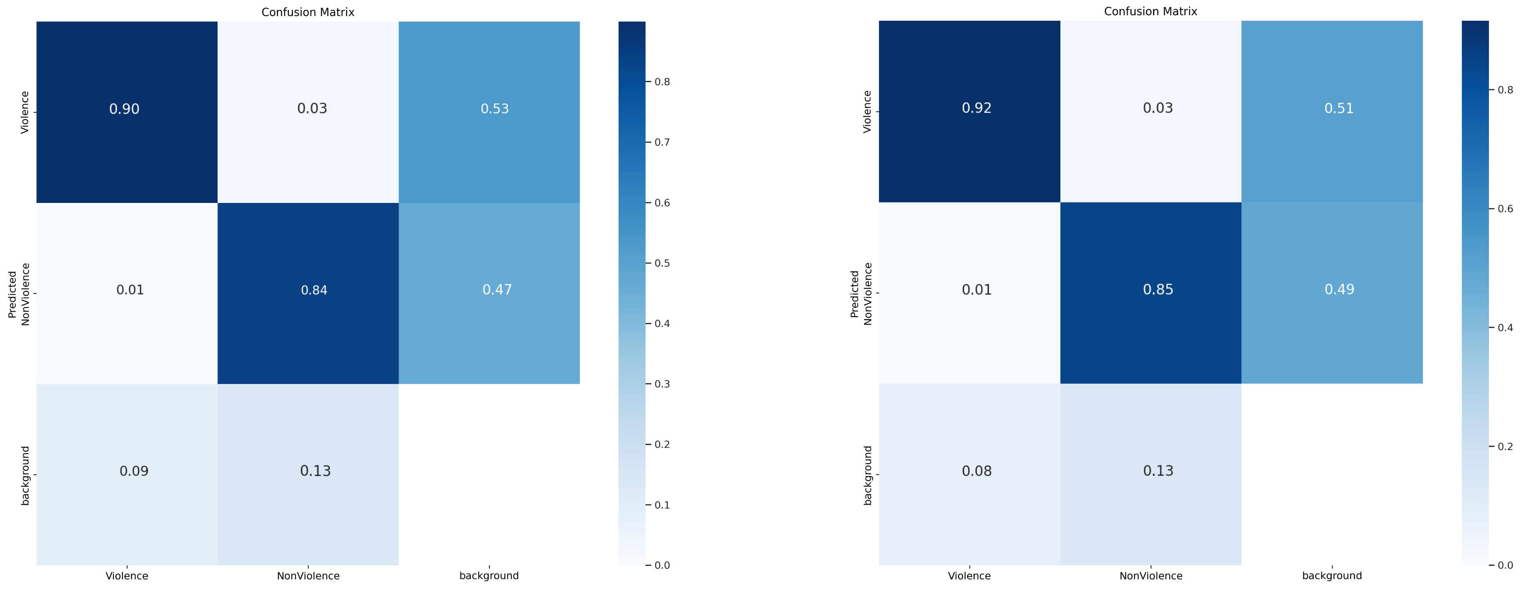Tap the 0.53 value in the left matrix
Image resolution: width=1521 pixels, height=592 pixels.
[x=494, y=109]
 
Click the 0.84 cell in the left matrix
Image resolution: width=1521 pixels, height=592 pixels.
[x=314, y=290]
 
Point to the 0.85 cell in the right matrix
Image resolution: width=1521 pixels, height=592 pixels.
[x=1157, y=289]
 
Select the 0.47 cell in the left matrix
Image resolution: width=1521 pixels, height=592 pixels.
[x=497, y=289]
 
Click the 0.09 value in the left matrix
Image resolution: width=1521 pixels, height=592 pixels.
[x=134, y=471]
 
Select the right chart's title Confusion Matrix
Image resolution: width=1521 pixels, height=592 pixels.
[x=1150, y=12]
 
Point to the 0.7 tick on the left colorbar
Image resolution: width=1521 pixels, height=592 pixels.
[x=662, y=142]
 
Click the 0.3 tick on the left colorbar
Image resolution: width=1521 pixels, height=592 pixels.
[x=662, y=384]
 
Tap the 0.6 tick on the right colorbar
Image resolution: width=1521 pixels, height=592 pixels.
[x=1505, y=209]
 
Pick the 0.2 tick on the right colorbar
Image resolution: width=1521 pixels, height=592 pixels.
[x=1505, y=447]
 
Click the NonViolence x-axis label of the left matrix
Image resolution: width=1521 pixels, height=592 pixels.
[x=308, y=576]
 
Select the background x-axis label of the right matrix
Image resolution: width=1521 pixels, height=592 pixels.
[x=1331, y=576]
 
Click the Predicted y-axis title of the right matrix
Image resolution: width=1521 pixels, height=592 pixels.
[x=854, y=294]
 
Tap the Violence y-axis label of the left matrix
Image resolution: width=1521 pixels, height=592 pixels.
[x=25, y=112]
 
